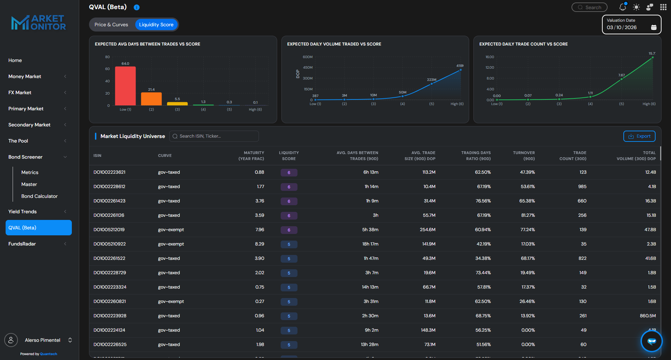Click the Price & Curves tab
pyautogui.click(x=111, y=25)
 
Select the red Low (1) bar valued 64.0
pyautogui.click(x=125, y=86)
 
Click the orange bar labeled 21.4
pyautogui.click(x=151, y=99)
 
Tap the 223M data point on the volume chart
pyautogui.click(x=431, y=84)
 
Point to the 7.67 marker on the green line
pyautogui.click(x=622, y=79)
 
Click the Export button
pyautogui.click(x=639, y=136)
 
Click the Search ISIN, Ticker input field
pyautogui.click(x=214, y=136)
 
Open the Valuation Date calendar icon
pyautogui.click(x=653, y=27)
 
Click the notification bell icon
pyautogui.click(x=623, y=7)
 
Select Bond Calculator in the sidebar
pyautogui.click(x=39, y=196)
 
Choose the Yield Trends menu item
pyautogui.click(x=22, y=212)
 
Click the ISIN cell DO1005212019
pyautogui.click(x=109, y=230)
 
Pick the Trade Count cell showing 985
pyautogui.click(x=582, y=187)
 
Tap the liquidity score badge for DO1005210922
pyautogui.click(x=289, y=244)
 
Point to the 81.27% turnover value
pyautogui.click(x=528, y=215)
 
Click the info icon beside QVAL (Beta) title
pyautogui.click(x=137, y=7)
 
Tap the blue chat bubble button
pyautogui.click(x=651, y=341)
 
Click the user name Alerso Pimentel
pyautogui.click(x=42, y=340)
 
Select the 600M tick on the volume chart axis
pyautogui.click(x=308, y=57)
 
